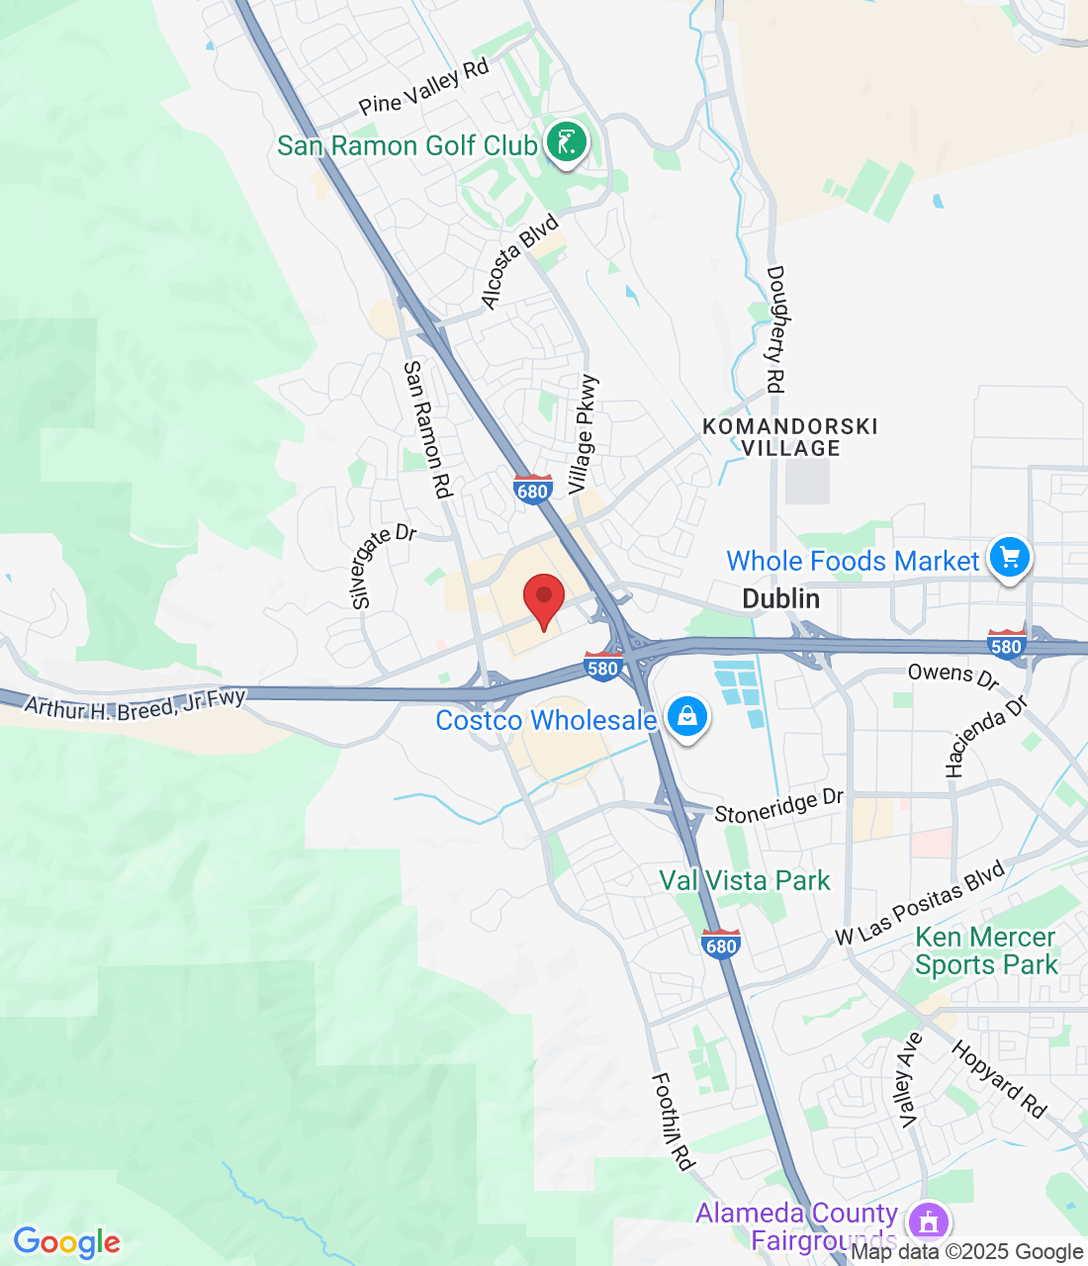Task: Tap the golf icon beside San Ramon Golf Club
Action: point(566,142)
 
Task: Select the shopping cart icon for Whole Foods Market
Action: point(1009,557)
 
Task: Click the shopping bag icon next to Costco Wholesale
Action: point(687,716)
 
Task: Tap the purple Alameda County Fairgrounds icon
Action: point(928,1220)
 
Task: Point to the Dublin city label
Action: point(780,598)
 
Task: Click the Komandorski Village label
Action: point(790,437)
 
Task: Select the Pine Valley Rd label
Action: point(423,86)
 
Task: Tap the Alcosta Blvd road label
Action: point(519,261)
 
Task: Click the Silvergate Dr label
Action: point(381,565)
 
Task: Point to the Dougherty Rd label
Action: point(775,328)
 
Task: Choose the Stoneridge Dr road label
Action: point(778,807)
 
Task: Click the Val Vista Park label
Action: point(745,880)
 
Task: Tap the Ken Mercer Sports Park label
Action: point(986,950)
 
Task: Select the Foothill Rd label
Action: point(673,1122)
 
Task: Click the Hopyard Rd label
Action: point(999,1078)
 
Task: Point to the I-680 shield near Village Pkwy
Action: point(532,490)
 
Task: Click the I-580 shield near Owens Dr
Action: point(1006,644)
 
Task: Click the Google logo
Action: point(67,1242)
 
